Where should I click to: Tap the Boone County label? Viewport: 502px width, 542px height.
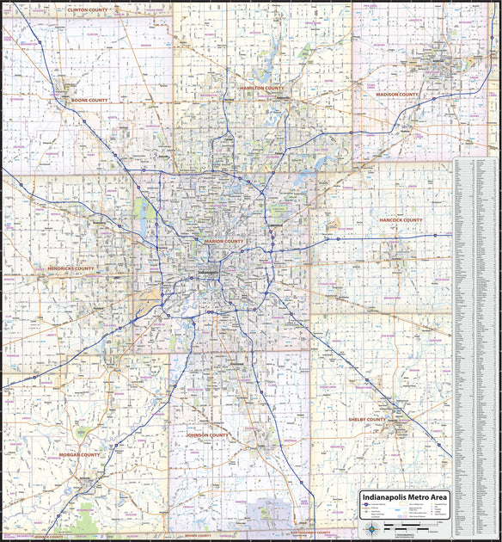point(89,100)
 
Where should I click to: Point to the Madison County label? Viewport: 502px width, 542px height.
point(396,94)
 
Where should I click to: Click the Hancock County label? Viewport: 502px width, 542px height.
point(401,220)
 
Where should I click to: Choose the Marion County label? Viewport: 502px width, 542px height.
point(224,242)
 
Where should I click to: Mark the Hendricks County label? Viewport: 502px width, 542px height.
point(70,268)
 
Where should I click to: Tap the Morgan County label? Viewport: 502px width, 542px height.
point(81,454)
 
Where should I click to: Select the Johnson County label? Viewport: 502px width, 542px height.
point(208,435)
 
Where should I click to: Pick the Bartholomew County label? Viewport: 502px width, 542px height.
point(309,533)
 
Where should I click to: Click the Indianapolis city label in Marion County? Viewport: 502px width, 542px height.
point(209,273)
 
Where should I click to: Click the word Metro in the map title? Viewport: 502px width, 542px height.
point(409,497)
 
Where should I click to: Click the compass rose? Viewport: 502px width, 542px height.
point(371,527)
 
